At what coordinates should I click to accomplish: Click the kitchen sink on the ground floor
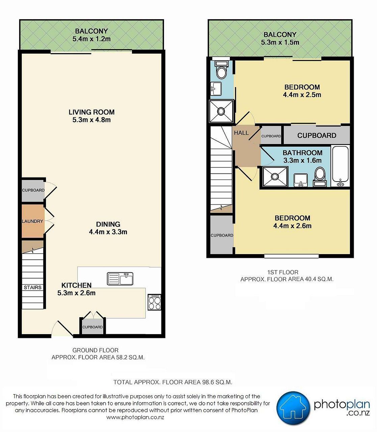point(120,279)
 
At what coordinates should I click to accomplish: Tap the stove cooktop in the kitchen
point(154,302)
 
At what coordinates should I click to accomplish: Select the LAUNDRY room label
point(32,221)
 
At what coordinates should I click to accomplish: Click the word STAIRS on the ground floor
point(32,287)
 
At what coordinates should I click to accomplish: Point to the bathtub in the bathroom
point(340,166)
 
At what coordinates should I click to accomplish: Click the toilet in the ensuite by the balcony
point(221,70)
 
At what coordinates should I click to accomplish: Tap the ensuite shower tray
point(221,111)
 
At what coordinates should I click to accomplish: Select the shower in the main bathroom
point(275,177)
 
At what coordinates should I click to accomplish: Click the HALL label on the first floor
point(241,133)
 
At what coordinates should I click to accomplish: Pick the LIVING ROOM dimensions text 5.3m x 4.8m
point(91,120)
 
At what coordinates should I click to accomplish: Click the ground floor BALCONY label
point(91,31)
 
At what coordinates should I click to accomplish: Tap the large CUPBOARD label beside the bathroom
point(317,135)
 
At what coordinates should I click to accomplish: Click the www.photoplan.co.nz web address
point(135,417)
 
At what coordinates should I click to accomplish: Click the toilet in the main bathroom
point(320,177)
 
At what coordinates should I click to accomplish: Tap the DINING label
point(108,224)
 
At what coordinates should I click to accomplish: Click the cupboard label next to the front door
point(92,327)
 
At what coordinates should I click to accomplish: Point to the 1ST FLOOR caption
point(282,272)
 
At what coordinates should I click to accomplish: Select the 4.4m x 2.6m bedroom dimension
point(292,226)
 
